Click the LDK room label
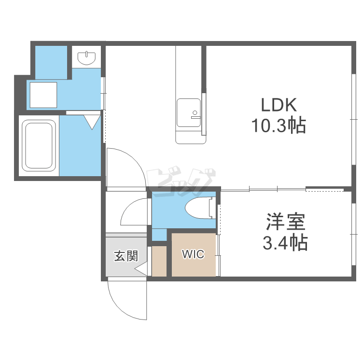278,105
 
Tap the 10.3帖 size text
278,126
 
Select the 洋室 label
286,222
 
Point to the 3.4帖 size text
286,242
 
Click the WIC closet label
193,254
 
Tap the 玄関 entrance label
126,256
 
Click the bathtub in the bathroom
39,145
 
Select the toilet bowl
200,208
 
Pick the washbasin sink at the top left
86,58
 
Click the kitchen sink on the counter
189,112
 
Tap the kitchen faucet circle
195,112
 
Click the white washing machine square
43,95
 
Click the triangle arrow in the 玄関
141,269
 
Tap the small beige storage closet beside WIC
159,261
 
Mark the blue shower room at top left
51,62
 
